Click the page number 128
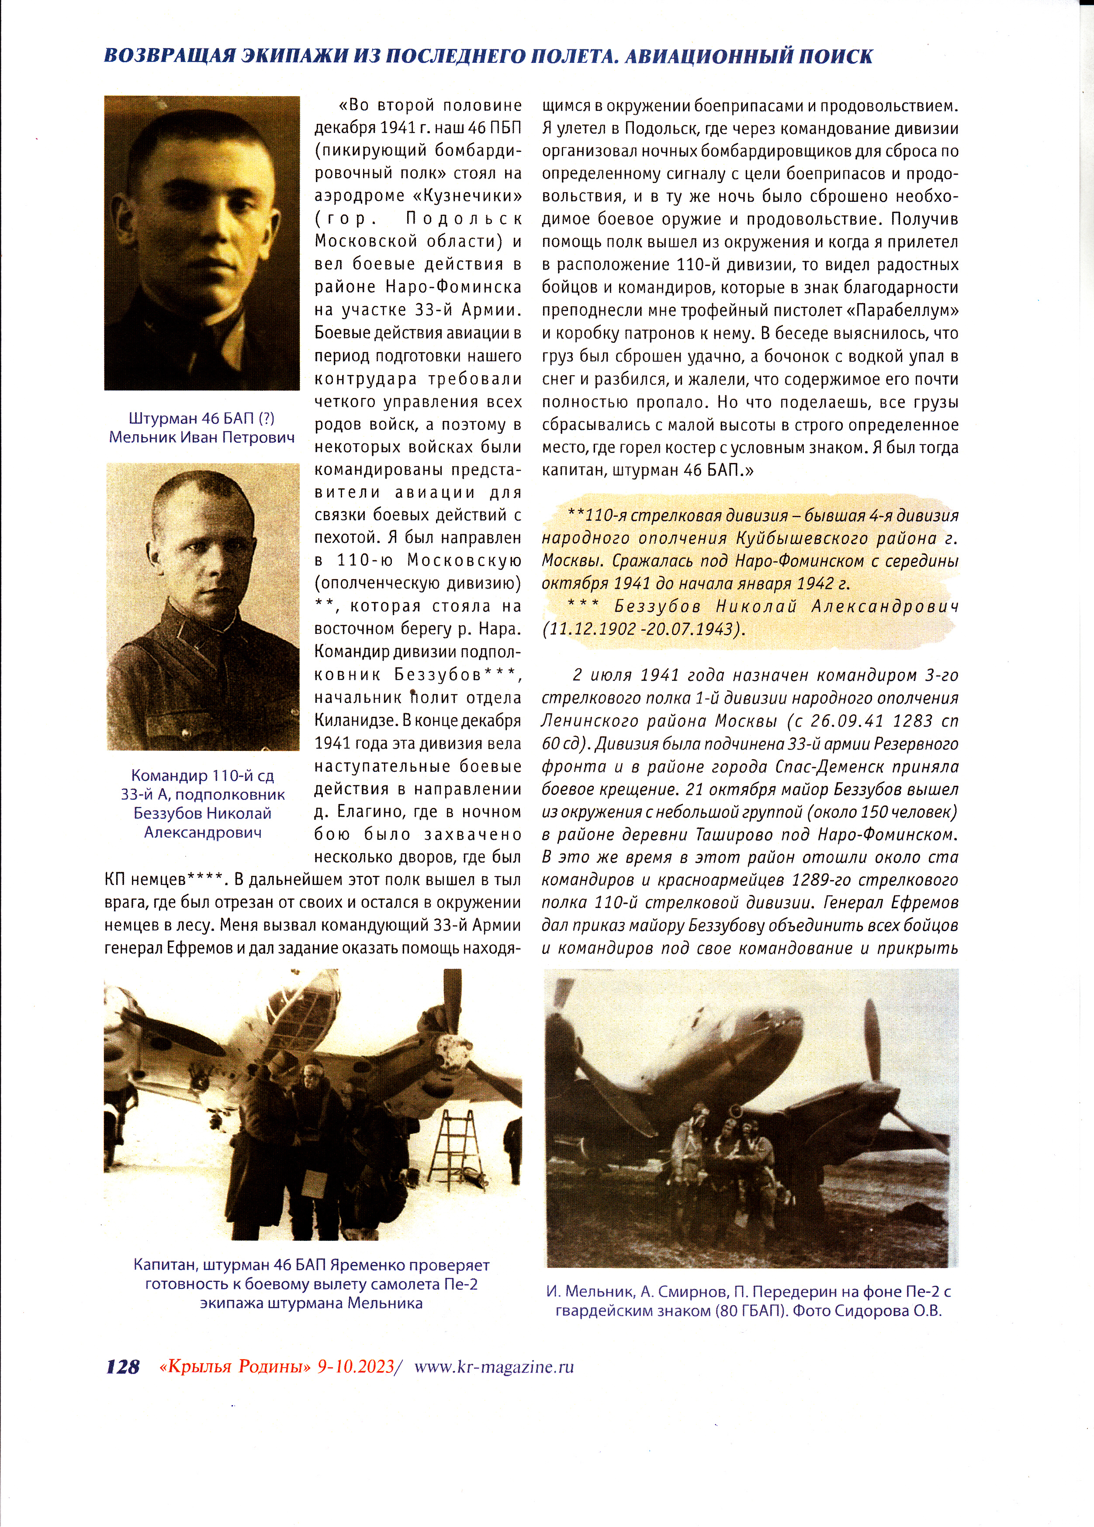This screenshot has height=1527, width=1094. (x=123, y=1367)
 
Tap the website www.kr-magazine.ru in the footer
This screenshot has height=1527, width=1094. (x=495, y=1366)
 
